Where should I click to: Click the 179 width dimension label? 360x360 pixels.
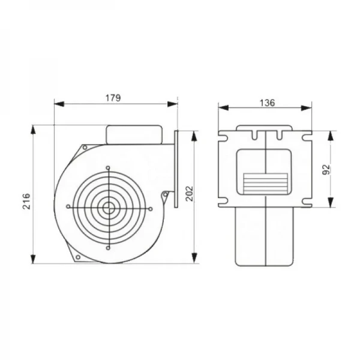pyautogui.click(x=113, y=98)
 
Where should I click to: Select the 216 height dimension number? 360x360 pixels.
pyautogui.click(x=26, y=202)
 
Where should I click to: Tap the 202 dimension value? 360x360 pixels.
pyautogui.click(x=190, y=194)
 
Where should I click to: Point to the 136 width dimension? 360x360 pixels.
pyautogui.click(x=267, y=103)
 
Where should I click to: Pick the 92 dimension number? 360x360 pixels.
pyautogui.click(x=326, y=170)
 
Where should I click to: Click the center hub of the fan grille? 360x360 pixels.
pyautogui.click(x=109, y=208)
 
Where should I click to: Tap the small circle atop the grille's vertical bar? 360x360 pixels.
pyautogui.click(x=108, y=167)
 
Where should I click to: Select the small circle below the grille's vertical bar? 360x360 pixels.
pyautogui.click(x=108, y=248)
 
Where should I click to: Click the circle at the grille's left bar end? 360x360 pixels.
pyautogui.click(x=68, y=206)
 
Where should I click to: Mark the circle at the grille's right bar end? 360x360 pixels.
pyautogui.click(x=151, y=209)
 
